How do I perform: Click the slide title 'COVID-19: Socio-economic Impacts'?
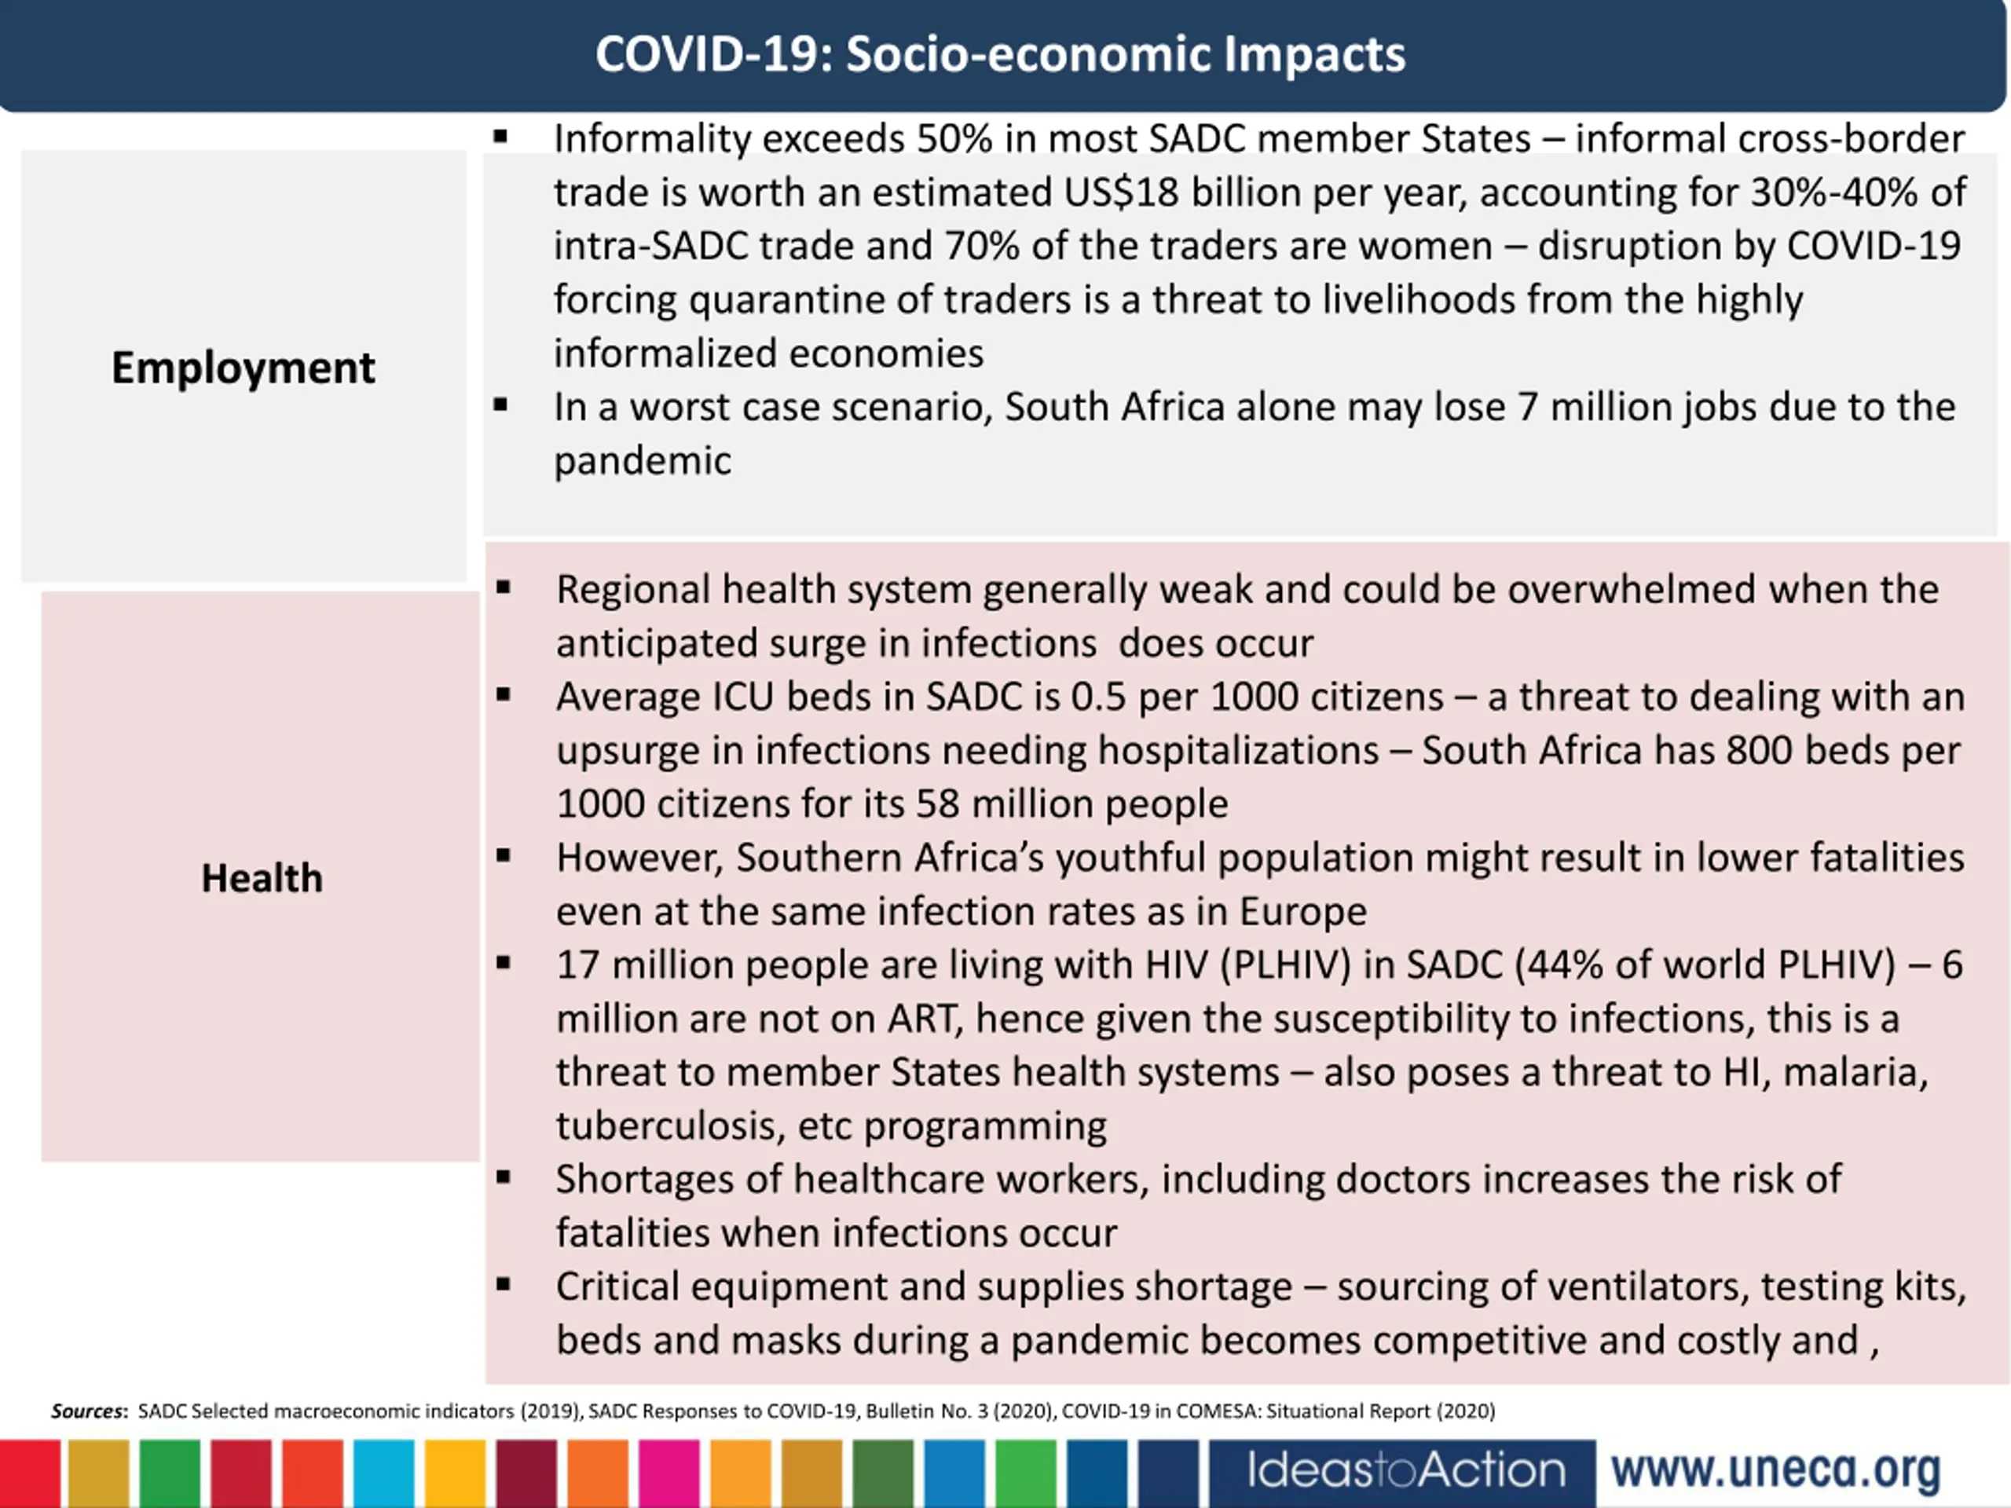tap(1000, 54)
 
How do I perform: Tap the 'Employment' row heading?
tap(243, 368)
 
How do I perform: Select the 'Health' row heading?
tap(262, 878)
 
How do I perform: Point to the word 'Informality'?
tap(652, 139)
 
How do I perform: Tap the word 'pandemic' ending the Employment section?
tap(643, 461)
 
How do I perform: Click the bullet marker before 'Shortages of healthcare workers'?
tap(503, 1178)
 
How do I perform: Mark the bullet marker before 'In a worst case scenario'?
tap(500, 405)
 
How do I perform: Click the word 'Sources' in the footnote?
tap(87, 1411)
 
